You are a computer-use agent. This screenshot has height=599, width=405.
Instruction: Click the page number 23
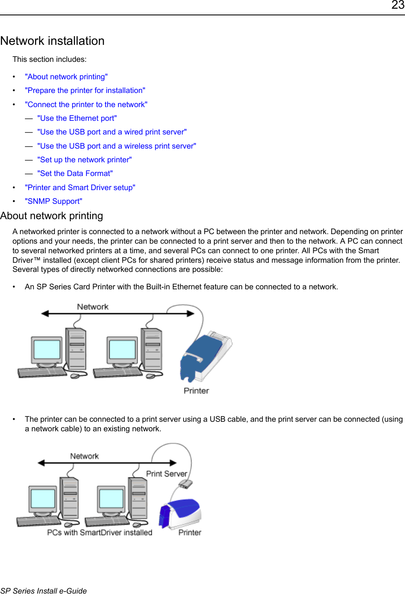(x=398, y=5)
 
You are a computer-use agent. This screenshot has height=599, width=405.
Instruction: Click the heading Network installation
(x=52, y=41)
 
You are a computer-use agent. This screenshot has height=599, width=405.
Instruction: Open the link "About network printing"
(x=66, y=77)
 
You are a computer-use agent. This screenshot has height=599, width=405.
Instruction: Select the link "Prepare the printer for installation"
(x=85, y=90)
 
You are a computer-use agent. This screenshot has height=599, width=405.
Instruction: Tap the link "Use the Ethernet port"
(x=77, y=118)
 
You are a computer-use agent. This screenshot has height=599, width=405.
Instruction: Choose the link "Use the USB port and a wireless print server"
(x=116, y=146)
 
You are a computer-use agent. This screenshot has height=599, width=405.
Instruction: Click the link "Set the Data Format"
(x=75, y=174)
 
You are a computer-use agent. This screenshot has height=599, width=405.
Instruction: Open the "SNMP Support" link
(x=53, y=201)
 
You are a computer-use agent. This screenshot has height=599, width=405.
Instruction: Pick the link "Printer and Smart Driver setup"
(x=80, y=188)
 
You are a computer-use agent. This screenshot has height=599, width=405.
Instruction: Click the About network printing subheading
(x=52, y=216)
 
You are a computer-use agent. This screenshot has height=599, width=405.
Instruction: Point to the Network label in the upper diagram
(x=93, y=307)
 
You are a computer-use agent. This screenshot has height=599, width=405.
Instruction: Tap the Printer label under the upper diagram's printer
(x=196, y=391)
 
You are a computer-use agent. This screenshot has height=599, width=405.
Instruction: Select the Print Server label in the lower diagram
(x=166, y=474)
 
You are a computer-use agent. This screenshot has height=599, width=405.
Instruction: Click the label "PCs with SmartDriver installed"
(x=100, y=533)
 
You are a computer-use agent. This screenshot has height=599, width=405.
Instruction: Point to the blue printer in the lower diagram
(x=180, y=513)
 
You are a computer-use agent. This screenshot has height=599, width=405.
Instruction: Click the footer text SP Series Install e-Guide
(x=44, y=591)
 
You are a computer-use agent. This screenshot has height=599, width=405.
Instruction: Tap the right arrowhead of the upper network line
(x=191, y=314)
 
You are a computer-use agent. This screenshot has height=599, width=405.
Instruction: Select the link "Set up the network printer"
(x=84, y=160)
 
